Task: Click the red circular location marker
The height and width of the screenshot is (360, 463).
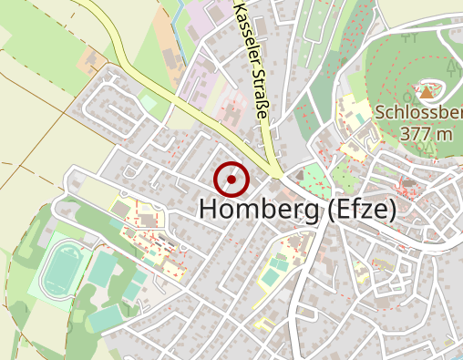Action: pyautogui.click(x=231, y=180)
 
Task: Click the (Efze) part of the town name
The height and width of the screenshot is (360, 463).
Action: pyautogui.click(x=361, y=210)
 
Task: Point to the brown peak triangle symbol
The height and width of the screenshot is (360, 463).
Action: pyautogui.click(x=427, y=91)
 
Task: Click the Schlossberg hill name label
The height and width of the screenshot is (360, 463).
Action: pyautogui.click(x=418, y=113)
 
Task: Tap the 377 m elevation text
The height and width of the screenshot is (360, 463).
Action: pyautogui.click(x=426, y=133)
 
